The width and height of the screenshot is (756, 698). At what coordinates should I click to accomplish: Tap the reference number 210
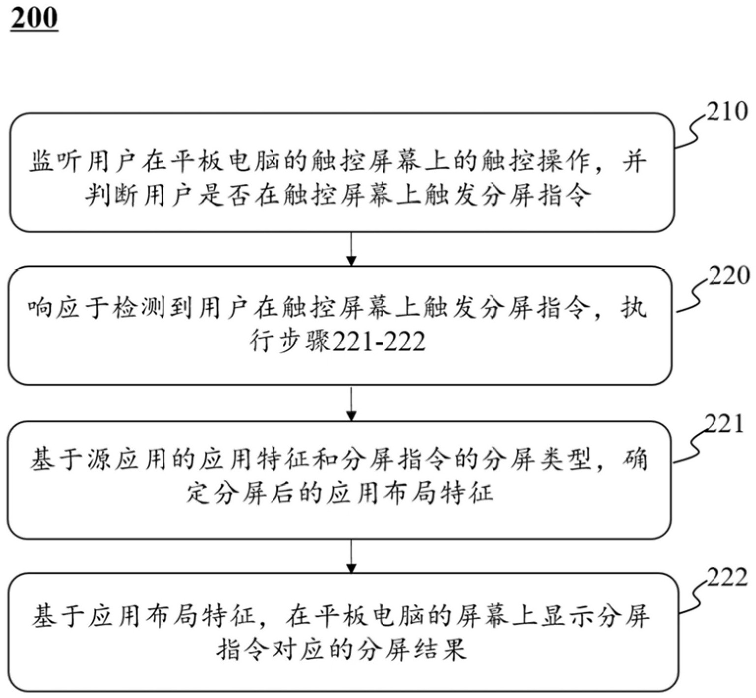(x=726, y=112)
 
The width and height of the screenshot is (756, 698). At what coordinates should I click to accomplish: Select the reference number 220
(x=728, y=276)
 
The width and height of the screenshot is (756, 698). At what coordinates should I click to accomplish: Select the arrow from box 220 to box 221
(x=351, y=404)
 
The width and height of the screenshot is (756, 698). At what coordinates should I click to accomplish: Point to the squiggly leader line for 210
(x=692, y=131)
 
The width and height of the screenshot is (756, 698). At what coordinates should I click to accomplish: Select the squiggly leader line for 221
(x=691, y=445)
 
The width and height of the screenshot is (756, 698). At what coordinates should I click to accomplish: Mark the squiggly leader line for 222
(x=694, y=597)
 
